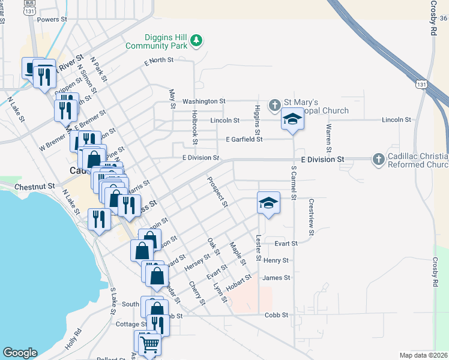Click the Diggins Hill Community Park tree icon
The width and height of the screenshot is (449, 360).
pos(196,41)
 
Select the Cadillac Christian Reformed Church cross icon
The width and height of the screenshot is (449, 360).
pos(378,160)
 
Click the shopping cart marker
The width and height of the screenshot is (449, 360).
pos(149,344)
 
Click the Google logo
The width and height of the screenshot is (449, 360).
pos(20,353)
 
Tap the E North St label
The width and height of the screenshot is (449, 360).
pos(158,61)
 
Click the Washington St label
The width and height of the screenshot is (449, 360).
pos(204,101)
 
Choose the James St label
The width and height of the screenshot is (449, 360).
pos(276,278)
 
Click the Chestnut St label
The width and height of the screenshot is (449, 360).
pos(34,187)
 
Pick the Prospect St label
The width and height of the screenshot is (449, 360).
pos(217,191)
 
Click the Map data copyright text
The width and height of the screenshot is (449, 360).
pos(423,355)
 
